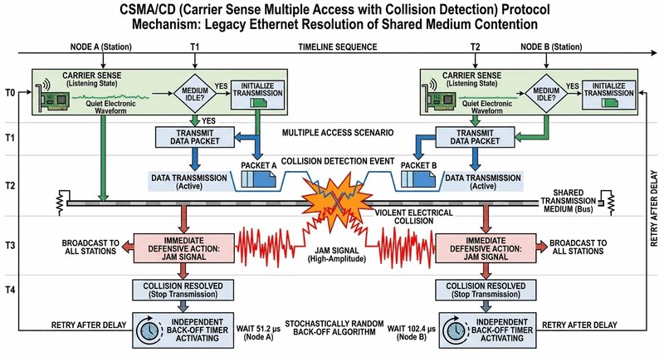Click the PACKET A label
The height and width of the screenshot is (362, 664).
(x=259, y=166)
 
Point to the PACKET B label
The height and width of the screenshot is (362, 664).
(x=418, y=165)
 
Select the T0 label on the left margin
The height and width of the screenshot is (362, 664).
(x=10, y=92)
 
